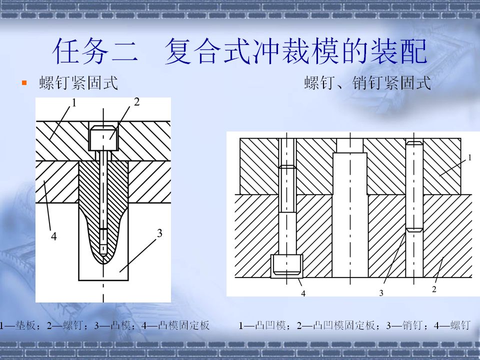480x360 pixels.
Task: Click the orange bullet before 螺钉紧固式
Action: [x=24, y=82]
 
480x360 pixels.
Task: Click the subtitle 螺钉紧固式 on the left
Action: [x=78, y=82]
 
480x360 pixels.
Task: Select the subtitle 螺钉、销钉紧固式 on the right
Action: [x=367, y=82]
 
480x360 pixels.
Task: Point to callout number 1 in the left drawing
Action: [x=73, y=103]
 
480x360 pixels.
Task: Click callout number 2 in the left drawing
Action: [x=136, y=102]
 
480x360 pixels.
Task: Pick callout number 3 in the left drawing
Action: [x=159, y=233]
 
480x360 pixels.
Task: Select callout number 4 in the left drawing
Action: [x=54, y=236]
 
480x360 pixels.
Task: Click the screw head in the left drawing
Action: [x=103, y=138]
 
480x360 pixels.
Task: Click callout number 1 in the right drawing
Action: [x=470, y=157]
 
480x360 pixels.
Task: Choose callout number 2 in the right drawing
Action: [x=434, y=289]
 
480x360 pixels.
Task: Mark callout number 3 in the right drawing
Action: [x=381, y=293]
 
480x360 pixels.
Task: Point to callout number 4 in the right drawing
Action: [x=303, y=293]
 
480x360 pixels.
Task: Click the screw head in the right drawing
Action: [x=287, y=265]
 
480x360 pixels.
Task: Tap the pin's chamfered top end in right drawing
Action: [x=414, y=142]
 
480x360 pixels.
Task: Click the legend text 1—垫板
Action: [x=18, y=325]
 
